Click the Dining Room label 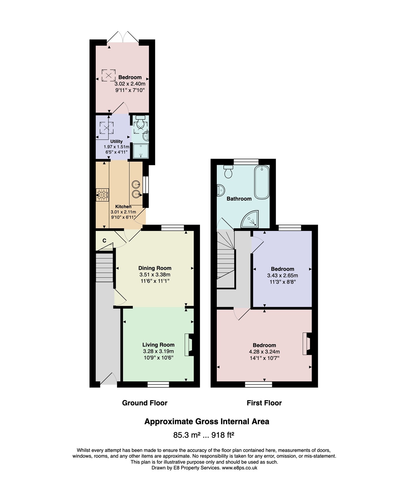155,268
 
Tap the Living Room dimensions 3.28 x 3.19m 158,351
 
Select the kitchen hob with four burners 102,195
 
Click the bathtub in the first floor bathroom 262,182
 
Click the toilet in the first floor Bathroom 228,172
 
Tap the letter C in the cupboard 104,241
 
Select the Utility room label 116,141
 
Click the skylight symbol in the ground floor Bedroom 109,75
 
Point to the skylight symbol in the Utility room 106,128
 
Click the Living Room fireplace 189,345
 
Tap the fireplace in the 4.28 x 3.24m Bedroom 307,344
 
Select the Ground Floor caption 145,403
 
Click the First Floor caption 264,403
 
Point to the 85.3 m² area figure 187,435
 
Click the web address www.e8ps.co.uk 240,468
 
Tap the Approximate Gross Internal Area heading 207,421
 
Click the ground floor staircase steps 104,267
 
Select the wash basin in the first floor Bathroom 221,190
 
